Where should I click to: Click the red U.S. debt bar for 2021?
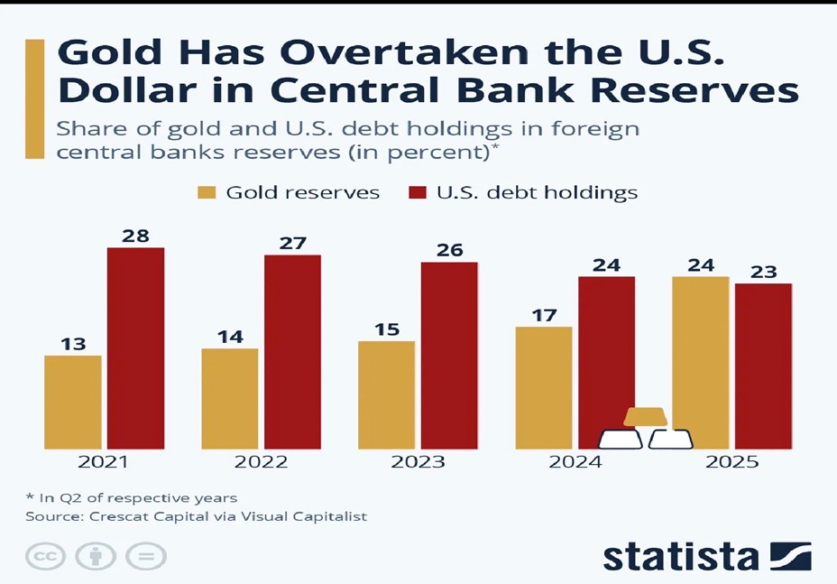coord(135,348)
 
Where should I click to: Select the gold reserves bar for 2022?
coord(229,398)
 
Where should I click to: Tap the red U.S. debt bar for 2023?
coord(449,355)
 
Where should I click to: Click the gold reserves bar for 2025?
coord(700,362)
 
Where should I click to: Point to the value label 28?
coord(135,236)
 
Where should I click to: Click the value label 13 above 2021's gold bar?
coord(72,344)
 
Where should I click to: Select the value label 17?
coord(543,315)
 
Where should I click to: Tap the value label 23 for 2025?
coord(763,272)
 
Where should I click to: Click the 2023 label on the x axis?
coord(418,462)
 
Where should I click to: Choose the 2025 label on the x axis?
coord(731,462)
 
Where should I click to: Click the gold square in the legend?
coord(207,192)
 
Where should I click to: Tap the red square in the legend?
coord(418,192)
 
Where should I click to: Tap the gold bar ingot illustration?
coord(646,417)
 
